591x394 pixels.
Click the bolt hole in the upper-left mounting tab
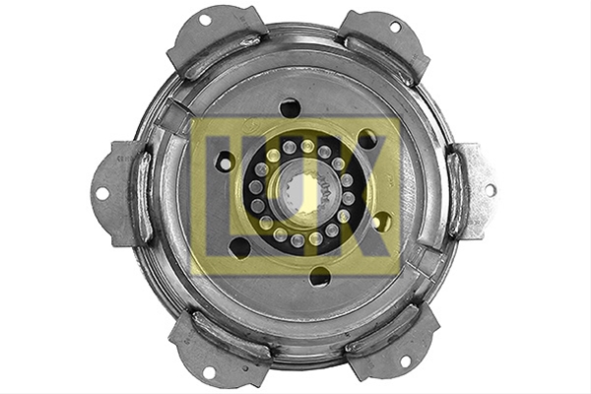coord(205,20)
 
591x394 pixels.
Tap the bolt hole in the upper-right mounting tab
coord(395,27)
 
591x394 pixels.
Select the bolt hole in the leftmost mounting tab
coord(101,194)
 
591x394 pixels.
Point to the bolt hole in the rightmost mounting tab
coord(490,190)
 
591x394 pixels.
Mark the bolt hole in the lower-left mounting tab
coord(209,371)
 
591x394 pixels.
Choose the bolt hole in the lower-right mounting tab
coord(405,361)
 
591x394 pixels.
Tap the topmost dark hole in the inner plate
coord(290,107)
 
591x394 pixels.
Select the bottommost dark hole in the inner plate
coord(319,277)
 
